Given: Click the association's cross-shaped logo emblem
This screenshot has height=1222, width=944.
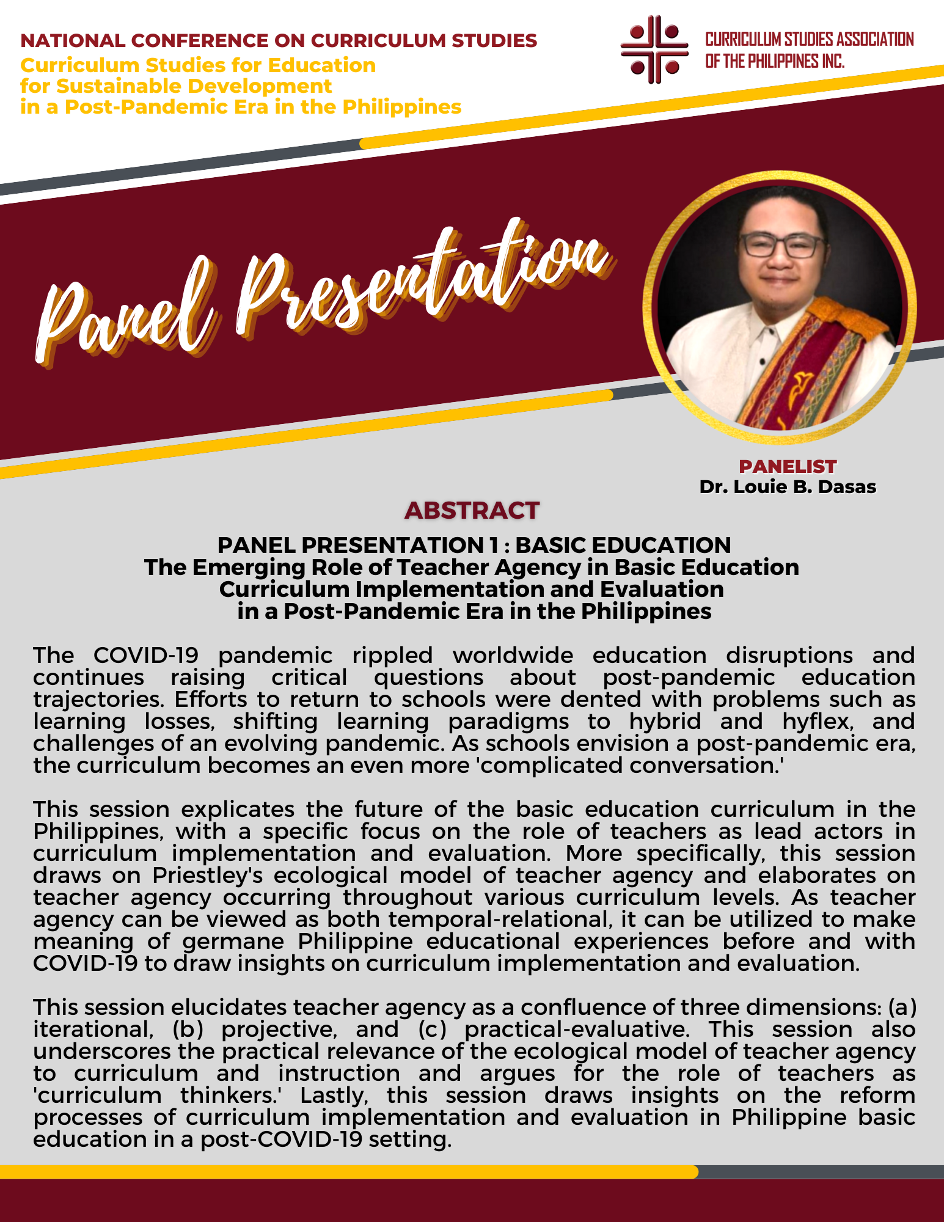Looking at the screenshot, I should (654, 49).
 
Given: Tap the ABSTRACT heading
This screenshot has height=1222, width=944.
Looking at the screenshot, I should (472, 510).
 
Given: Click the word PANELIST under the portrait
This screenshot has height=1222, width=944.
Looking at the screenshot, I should (788, 467).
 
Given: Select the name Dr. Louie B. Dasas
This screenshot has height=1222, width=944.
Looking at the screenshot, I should (788, 487).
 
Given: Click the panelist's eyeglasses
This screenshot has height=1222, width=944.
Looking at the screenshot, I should (781, 246).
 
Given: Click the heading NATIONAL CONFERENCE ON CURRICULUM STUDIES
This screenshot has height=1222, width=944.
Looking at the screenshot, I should (279, 41).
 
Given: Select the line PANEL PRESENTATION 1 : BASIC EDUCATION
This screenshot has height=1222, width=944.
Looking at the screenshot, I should (474, 545).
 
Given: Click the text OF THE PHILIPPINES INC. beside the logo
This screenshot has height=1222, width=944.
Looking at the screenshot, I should (775, 62).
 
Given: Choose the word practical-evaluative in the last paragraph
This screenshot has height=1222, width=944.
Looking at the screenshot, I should (577, 1030).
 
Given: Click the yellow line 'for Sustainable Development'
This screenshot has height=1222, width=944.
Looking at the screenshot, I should (176, 86).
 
